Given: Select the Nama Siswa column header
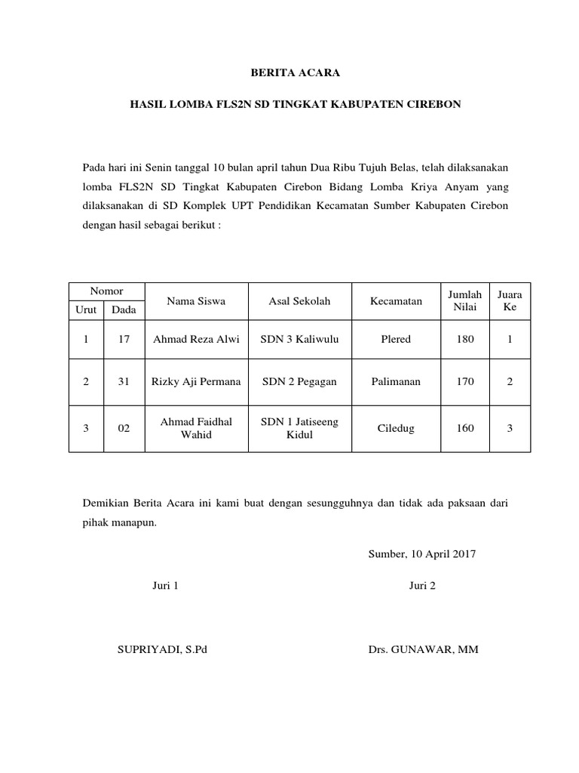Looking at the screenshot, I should coord(196,301).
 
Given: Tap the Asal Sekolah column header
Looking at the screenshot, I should coord(299,301).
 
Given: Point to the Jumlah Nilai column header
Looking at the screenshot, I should coord(465,301).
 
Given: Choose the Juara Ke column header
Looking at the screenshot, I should coord(510,301).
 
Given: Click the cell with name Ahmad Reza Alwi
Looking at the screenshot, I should coord(196,340).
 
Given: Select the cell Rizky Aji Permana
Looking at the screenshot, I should coord(196,382).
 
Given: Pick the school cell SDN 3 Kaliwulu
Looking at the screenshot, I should coord(299,340).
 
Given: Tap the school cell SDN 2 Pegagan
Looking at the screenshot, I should coord(299,382).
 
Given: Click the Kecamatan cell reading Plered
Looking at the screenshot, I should coord(396,340).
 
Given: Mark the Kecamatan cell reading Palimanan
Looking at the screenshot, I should coord(396,382).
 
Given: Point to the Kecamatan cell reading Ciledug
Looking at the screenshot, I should coord(396,429).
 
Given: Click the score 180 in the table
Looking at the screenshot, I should coord(465,340).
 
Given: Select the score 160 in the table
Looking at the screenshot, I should coord(465,429).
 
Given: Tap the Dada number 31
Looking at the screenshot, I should coord(124,382).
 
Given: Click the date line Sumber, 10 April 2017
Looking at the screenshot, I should coord(422,553).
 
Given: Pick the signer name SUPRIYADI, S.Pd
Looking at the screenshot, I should coord(161,650).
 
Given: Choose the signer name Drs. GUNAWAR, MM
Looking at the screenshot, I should coord(423,650).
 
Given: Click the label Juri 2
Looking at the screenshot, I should coord(422,586).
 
